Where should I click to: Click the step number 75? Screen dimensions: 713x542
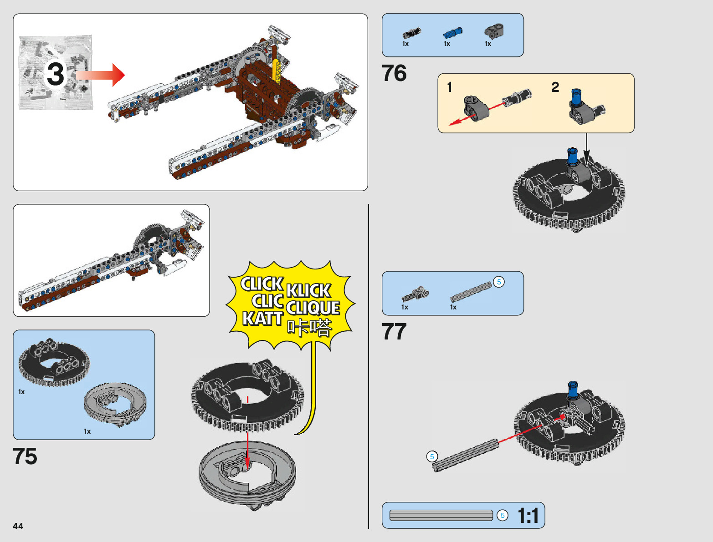click(25, 456)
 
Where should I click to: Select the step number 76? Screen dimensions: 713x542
click(394, 73)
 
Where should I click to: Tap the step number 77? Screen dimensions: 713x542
click(394, 332)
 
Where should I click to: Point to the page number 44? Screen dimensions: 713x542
click(18, 526)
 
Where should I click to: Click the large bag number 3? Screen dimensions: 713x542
click(56, 74)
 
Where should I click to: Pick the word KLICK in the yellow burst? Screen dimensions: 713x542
click(308, 290)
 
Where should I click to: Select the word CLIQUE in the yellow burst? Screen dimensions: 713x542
click(313, 308)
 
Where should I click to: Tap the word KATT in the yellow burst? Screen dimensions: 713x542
click(262, 319)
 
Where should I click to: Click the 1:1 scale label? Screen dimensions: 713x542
click(528, 516)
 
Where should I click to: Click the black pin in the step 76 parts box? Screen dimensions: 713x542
click(411, 33)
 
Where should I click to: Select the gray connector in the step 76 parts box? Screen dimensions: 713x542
click(494, 31)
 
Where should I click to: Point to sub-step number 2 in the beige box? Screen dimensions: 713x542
click(555, 87)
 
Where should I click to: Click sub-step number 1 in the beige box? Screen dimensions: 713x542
click(450, 87)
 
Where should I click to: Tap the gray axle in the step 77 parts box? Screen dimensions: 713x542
click(471, 292)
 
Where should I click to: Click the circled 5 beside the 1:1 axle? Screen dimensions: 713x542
click(503, 515)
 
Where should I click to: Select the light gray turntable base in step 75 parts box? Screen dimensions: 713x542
click(115, 404)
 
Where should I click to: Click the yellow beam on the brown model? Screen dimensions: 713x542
click(276, 71)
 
